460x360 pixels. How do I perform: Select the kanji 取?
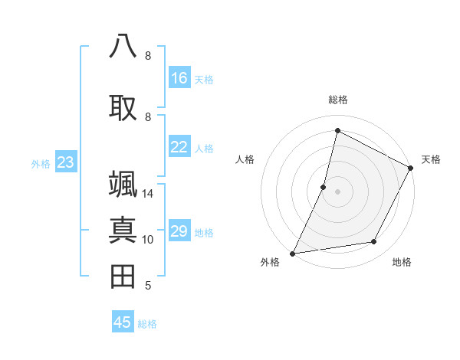coord(123,106)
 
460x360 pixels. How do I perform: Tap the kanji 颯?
coord(123,184)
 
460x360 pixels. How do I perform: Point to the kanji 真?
coord(123,230)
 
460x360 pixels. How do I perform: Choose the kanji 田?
coord(123,276)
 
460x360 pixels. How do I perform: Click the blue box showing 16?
coord(179,78)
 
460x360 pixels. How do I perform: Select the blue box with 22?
coord(179,147)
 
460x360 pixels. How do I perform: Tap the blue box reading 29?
coord(179,231)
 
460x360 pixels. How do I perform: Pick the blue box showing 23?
coord(65,162)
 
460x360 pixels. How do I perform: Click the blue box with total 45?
coord(123,322)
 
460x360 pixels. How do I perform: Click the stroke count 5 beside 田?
coord(147,286)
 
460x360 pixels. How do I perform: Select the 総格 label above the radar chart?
coord(337,100)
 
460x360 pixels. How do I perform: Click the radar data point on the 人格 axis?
coord(324,187)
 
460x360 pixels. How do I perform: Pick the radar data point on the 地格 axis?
coord(374,242)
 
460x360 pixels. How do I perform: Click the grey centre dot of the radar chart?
coord(337,191)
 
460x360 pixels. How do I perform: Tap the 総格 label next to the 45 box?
coord(147,323)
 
